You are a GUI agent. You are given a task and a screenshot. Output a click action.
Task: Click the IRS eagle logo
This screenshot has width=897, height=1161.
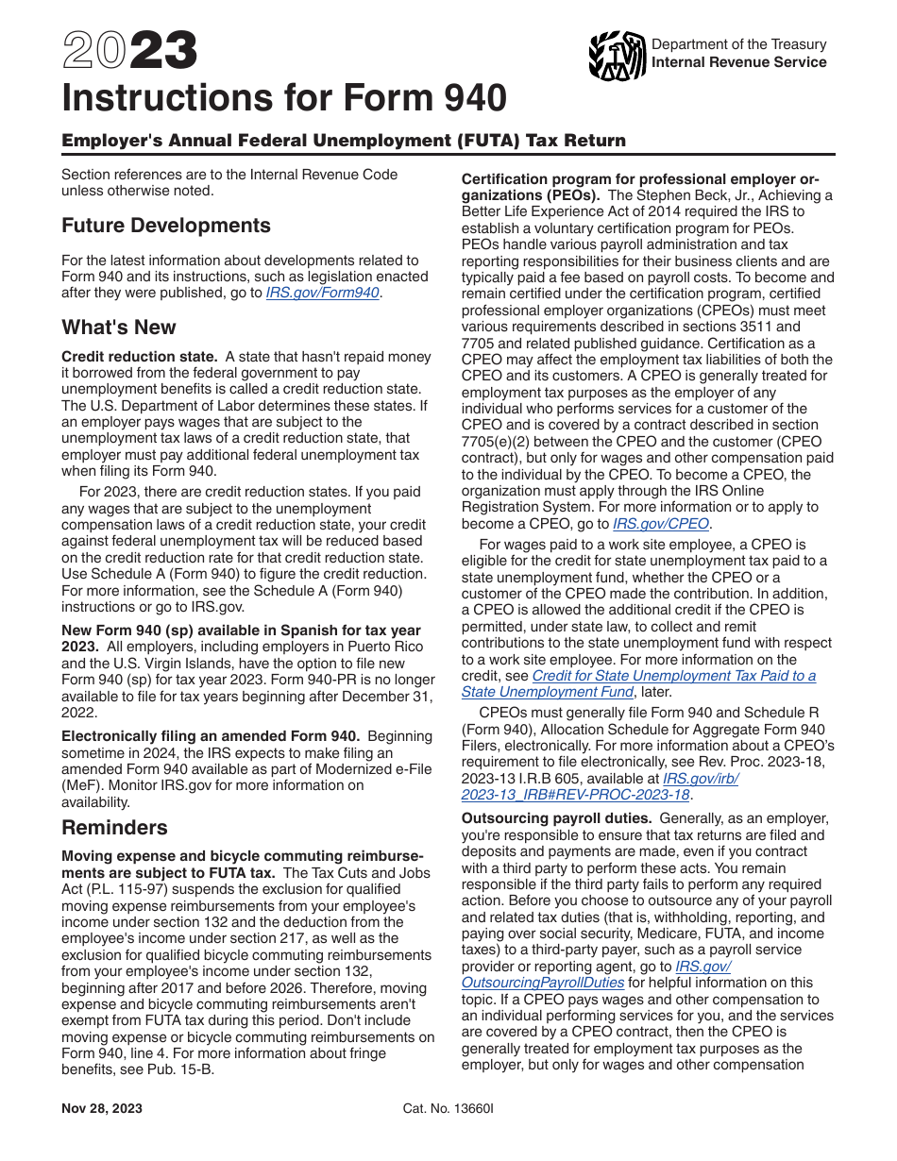coord(617,56)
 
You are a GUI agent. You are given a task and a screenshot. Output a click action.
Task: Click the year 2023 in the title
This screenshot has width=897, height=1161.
coord(130,51)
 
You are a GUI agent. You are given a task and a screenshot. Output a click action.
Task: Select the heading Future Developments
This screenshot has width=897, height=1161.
coord(166,226)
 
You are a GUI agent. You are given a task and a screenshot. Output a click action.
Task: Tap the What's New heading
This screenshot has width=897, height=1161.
coord(119,328)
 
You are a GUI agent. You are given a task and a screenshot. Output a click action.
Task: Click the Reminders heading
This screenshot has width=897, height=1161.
coord(114,828)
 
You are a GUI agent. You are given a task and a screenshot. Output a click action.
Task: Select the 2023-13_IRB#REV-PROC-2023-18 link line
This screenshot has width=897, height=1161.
coord(570,795)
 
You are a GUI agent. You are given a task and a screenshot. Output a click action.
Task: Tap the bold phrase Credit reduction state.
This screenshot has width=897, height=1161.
coord(140,357)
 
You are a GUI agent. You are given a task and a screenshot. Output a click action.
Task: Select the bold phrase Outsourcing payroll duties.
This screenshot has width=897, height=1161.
coord(557,818)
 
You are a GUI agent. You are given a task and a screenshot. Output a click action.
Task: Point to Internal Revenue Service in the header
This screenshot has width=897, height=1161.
coord(738,62)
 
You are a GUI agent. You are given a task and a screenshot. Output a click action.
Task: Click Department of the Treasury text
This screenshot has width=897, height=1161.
coord(738,44)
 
